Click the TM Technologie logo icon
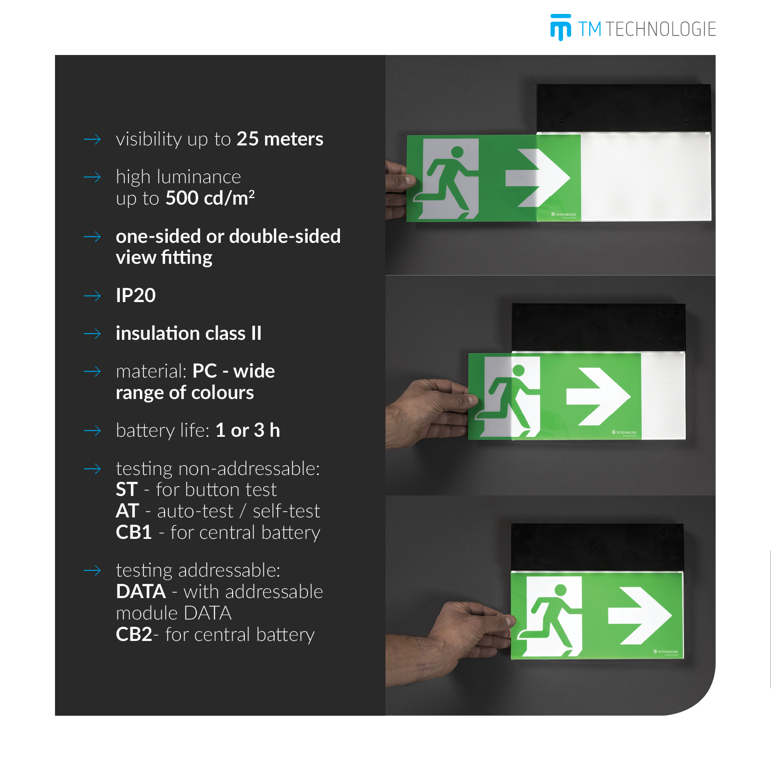tap(560, 28)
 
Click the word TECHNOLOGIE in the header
tap(661, 29)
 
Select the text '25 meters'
tap(280, 139)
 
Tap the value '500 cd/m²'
tap(210, 198)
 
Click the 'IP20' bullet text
tap(136, 296)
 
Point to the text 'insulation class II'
tap(189, 333)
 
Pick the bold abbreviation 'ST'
tap(127, 489)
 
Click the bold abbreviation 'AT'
tap(127, 511)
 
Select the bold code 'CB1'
tap(134, 532)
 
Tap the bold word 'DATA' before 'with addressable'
tap(141, 592)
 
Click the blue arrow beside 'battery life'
tap(92, 431)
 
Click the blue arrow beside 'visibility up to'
tap(92, 139)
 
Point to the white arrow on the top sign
tap(538, 178)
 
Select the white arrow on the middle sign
tap(599, 397)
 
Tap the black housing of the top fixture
tap(624, 108)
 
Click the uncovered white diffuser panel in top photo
tap(646, 177)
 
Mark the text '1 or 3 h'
tap(248, 430)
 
